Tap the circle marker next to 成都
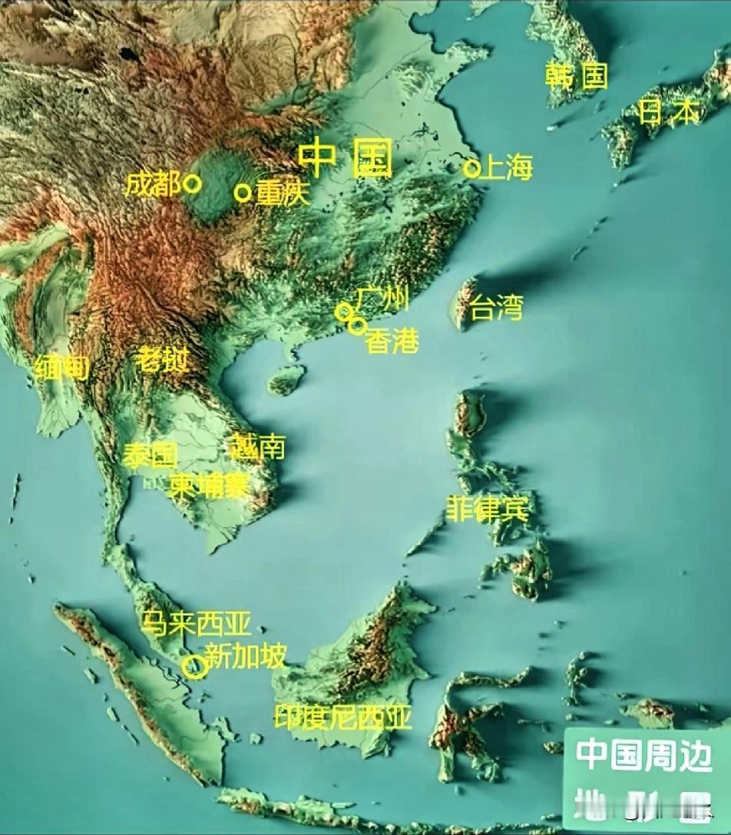click(192, 184)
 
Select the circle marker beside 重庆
click(243, 193)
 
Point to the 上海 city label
click(506, 168)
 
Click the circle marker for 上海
click(471, 168)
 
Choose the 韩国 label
click(576, 75)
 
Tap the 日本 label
click(670, 112)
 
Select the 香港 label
click(392, 341)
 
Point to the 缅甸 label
click(61, 369)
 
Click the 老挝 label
click(162, 359)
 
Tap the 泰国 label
click(150, 455)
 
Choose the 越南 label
click(258, 446)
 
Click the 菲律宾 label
click(488, 509)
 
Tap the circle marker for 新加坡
click(195, 667)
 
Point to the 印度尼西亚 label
click(343, 717)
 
